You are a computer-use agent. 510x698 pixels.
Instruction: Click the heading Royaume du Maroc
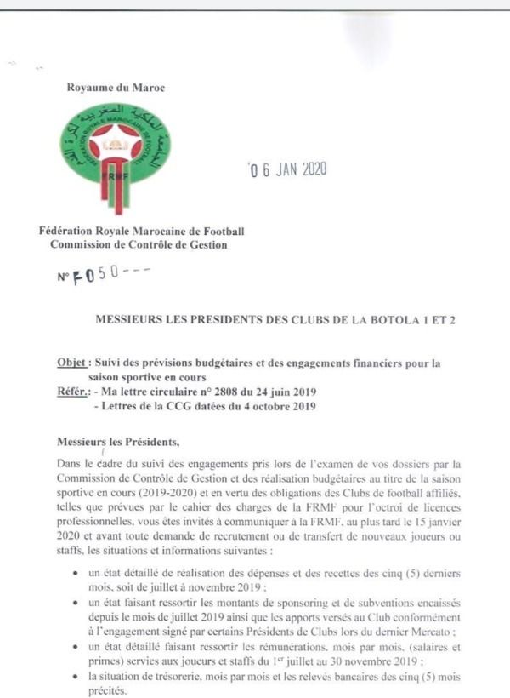point(115,87)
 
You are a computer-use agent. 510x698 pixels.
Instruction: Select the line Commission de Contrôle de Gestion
point(139,245)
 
